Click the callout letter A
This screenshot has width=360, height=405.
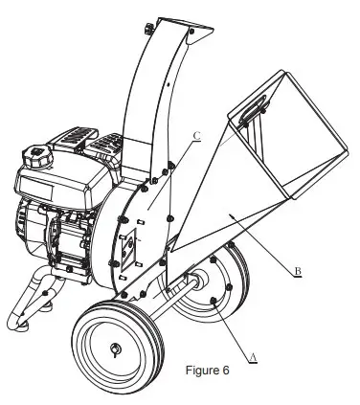coord(254,356)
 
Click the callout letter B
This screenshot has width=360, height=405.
coord(300,272)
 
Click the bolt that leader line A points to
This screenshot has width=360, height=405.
coord(212,302)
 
